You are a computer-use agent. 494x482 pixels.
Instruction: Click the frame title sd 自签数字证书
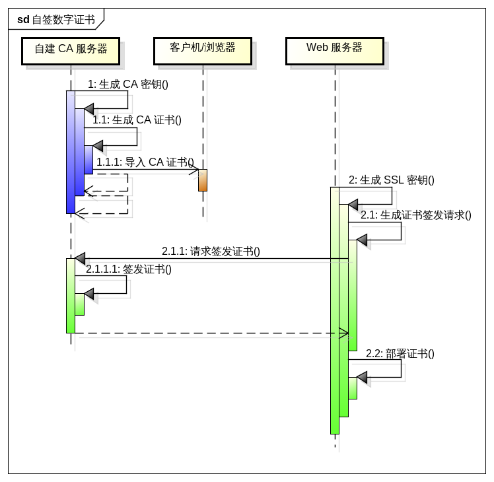pyautogui.click(x=56, y=19)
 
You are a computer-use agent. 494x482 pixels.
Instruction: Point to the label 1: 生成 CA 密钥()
pyautogui.click(x=128, y=84)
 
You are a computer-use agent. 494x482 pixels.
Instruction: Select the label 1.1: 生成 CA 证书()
pyautogui.click(x=137, y=120)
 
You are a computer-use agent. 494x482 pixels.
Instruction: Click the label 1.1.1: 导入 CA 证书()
pyautogui.click(x=145, y=162)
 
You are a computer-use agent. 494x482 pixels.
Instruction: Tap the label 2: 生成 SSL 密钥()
pyautogui.click(x=392, y=180)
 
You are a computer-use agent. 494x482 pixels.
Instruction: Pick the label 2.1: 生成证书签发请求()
pyautogui.click(x=416, y=215)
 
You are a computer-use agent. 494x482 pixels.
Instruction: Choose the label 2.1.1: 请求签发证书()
pyautogui.click(x=211, y=251)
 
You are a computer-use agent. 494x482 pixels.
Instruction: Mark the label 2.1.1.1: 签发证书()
pyautogui.click(x=129, y=269)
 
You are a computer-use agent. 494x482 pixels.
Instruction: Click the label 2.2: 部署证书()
pyautogui.click(x=400, y=353)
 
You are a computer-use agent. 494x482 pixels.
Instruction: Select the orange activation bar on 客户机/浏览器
pyautogui.click(x=203, y=180)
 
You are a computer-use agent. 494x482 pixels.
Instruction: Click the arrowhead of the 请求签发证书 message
pyautogui.click(x=80, y=258)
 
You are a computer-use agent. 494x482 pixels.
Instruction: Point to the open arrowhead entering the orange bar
pyautogui.click(x=194, y=171)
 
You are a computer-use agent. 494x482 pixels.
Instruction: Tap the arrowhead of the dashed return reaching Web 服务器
pyautogui.click(x=343, y=333)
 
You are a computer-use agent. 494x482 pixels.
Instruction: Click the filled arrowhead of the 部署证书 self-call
pyautogui.click(x=362, y=377)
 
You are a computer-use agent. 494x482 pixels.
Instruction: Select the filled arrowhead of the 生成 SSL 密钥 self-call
pyautogui.click(x=353, y=205)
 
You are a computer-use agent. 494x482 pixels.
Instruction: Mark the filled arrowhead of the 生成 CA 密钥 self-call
pyautogui.click(x=89, y=108)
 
